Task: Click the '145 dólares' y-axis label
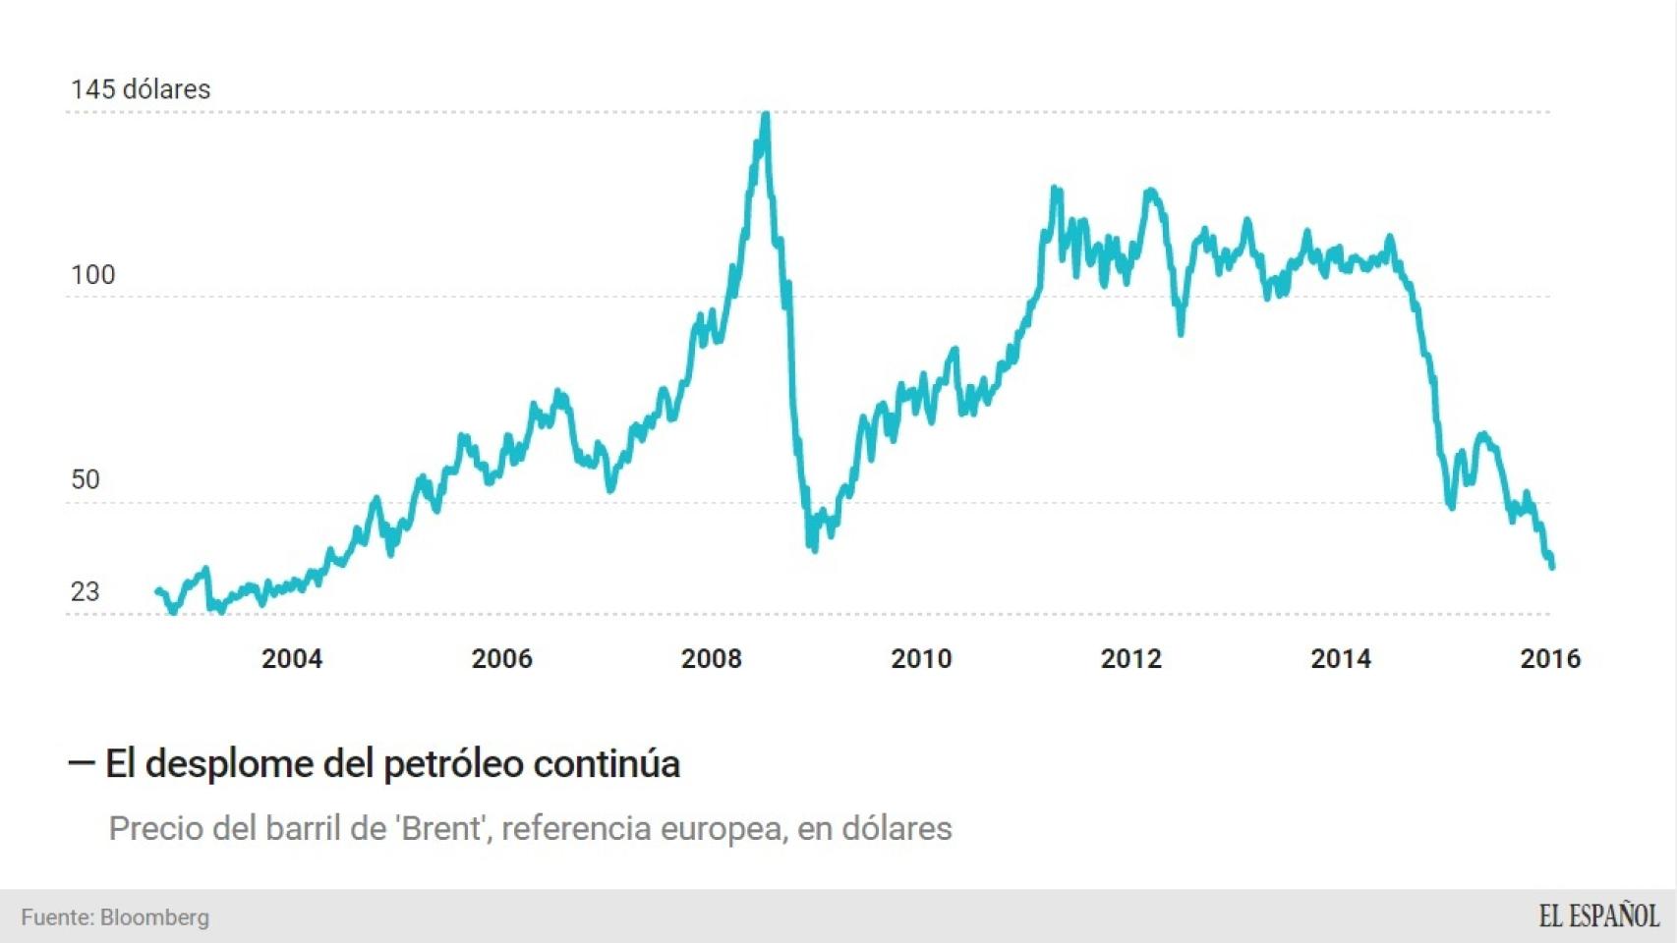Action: (141, 89)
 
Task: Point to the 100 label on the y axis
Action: (92, 275)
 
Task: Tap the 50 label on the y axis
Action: (86, 479)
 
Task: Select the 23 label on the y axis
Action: (86, 591)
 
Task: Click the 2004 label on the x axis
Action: (292, 659)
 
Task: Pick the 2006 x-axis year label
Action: (501, 659)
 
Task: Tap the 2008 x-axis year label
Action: (712, 659)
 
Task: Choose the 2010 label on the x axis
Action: (921, 659)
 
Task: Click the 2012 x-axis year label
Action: (1130, 659)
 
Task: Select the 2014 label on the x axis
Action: (1341, 659)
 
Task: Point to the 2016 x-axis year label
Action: (1550, 659)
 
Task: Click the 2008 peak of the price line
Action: (766, 115)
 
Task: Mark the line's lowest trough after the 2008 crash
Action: (814, 549)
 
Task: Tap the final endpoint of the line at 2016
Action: (1552, 567)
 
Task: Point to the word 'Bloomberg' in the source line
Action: (154, 917)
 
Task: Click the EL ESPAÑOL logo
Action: (1598, 916)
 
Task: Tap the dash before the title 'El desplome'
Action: (81, 762)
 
